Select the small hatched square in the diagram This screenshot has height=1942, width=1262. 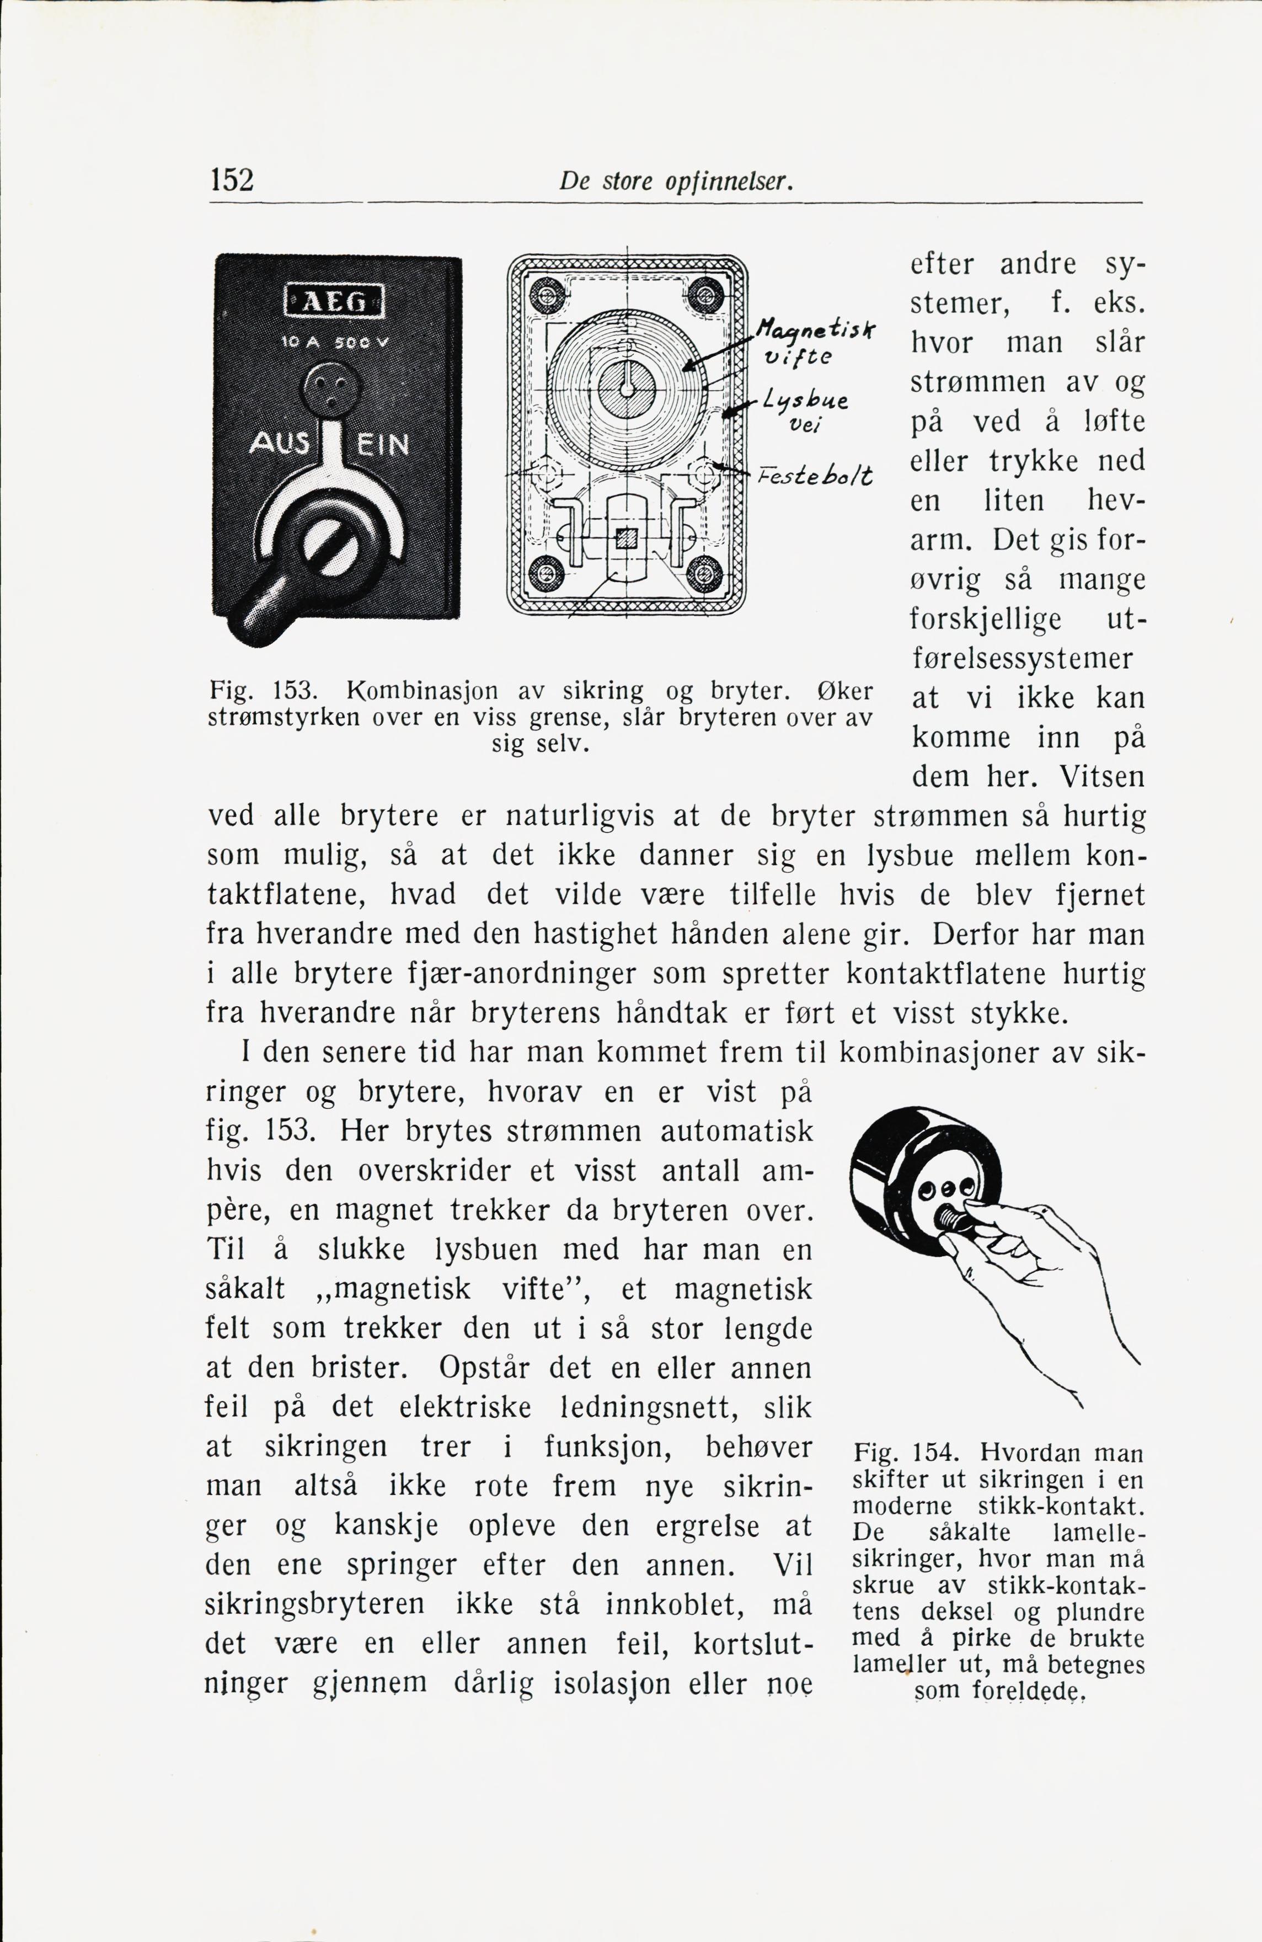[x=627, y=538]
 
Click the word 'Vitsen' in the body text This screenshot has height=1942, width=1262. [x=1101, y=776]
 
